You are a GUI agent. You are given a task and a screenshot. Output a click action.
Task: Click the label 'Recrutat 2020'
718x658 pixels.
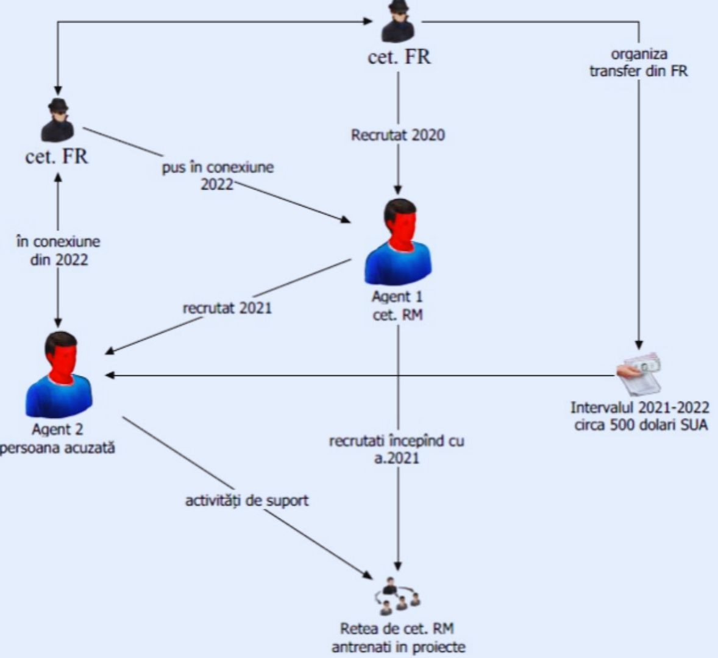(x=397, y=135)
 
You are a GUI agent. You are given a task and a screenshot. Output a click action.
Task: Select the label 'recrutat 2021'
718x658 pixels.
(x=227, y=308)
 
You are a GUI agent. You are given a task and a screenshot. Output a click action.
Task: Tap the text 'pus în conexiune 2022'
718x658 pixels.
(x=218, y=175)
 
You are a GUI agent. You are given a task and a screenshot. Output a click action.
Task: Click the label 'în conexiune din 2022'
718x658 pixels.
(x=59, y=250)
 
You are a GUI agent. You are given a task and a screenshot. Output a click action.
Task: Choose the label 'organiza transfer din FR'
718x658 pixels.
(x=638, y=63)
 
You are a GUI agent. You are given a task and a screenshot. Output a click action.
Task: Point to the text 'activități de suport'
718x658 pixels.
(x=247, y=501)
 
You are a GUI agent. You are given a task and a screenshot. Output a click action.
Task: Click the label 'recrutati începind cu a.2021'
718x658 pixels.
(x=397, y=449)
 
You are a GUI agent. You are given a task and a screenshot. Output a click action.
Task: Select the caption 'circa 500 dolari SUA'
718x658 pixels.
(x=641, y=425)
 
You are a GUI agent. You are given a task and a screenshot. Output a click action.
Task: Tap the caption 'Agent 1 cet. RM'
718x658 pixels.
(x=397, y=306)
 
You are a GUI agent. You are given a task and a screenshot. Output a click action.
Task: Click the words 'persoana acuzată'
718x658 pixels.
(x=59, y=448)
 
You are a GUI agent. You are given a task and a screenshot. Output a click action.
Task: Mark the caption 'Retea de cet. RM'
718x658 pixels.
(x=397, y=629)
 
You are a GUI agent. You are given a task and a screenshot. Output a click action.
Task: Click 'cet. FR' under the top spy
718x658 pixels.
(x=399, y=57)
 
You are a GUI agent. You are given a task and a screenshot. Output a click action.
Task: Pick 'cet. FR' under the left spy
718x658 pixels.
(x=57, y=156)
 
